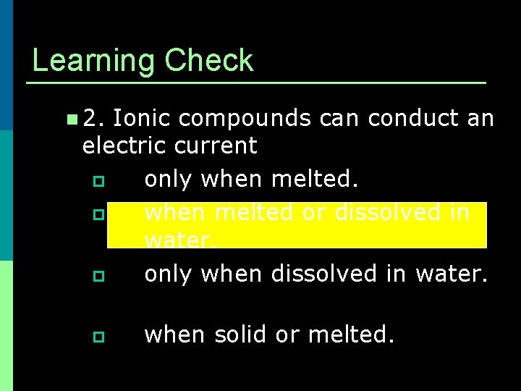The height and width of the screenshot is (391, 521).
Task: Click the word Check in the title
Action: coord(209,61)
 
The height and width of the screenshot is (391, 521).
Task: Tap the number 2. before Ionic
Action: coord(95,118)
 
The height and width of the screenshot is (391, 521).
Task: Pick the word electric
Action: coord(124,146)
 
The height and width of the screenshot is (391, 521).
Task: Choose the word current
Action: coord(216,146)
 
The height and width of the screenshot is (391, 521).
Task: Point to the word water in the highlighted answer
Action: coord(179,240)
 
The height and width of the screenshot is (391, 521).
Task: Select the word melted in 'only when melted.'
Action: coord(315,179)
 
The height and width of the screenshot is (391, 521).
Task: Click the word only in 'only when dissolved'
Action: coord(169,274)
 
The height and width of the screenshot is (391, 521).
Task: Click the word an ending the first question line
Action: coord(480,118)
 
